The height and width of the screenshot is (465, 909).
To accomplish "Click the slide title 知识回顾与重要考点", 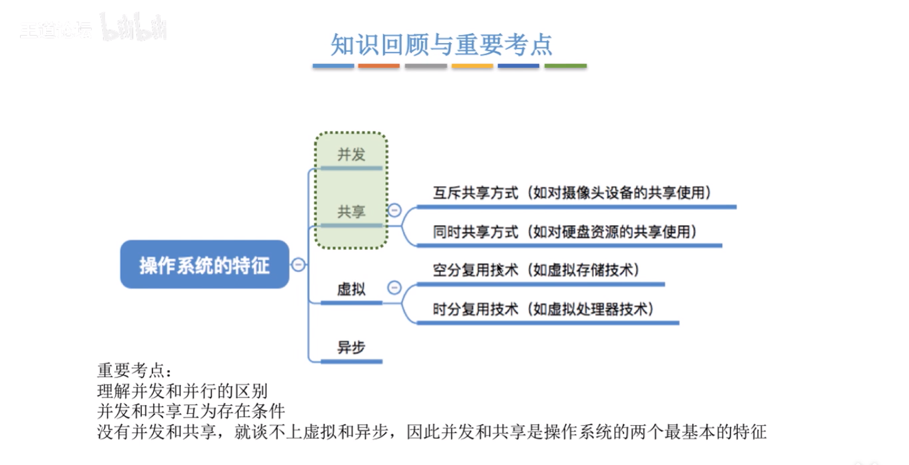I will [441, 45].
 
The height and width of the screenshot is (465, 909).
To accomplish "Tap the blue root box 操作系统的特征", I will [204, 265].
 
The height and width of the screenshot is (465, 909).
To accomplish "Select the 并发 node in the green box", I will [351, 154].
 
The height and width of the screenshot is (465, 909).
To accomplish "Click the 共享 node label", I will [351, 212].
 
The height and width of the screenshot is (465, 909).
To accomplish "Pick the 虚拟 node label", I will [351, 289].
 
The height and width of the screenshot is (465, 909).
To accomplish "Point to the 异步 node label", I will [351, 347].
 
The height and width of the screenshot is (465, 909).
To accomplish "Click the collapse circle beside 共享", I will [394, 210].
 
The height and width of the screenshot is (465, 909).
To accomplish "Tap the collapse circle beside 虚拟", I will [394, 287].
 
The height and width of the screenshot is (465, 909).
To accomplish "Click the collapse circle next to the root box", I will [298, 265].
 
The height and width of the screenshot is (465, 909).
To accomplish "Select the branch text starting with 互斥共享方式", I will [573, 192].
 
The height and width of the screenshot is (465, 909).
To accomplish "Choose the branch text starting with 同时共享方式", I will [565, 232].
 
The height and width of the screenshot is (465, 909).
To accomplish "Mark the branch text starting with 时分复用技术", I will [543, 309].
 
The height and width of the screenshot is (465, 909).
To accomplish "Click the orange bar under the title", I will [379, 66].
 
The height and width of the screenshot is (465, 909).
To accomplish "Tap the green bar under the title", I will [565, 66].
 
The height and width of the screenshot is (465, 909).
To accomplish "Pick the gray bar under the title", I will [425, 66].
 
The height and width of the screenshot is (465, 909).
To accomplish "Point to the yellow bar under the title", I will [472, 66].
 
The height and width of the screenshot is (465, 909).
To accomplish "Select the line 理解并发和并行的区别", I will [183, 391].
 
